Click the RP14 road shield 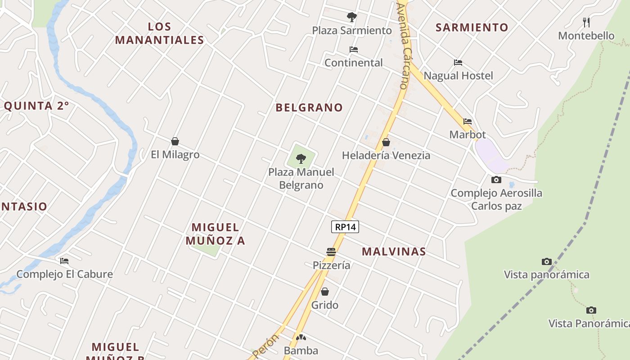345,227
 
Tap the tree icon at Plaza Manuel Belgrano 301,158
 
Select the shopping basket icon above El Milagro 175,141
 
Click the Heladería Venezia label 386,155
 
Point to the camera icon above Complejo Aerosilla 496,180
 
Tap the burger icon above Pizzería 331,252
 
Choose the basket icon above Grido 325,292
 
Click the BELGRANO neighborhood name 309,108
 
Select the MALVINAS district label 394,252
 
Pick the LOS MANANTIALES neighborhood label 160,33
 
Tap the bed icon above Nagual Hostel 458,62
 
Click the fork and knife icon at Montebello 586,22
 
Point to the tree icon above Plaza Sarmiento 352,17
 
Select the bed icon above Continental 354,49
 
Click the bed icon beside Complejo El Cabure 64,261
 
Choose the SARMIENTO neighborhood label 472,27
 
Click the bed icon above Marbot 468,121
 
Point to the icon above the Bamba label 301,337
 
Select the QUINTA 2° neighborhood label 36,106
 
